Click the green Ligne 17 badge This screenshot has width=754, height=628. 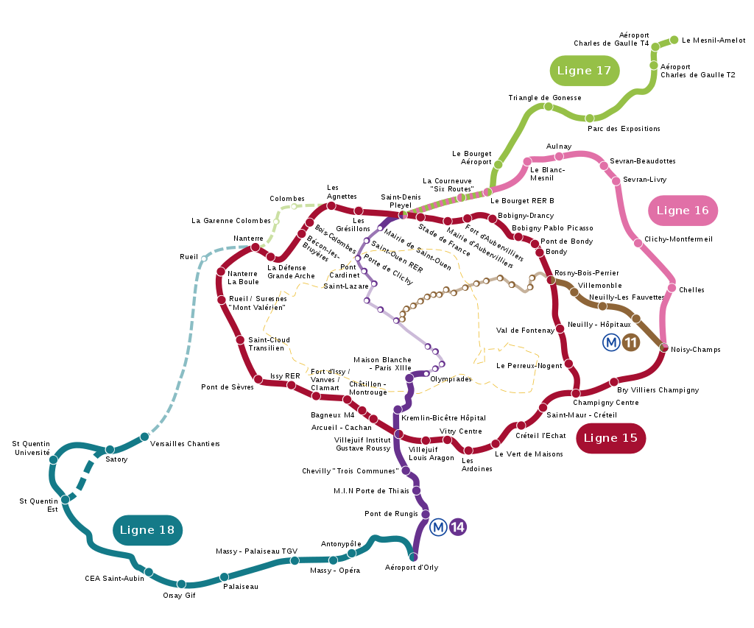(x=584, y=71)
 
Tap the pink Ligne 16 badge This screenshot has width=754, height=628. (x=683, y=211)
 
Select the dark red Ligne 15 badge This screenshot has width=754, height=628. (x=610, y=438)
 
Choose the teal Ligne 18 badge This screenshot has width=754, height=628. (x=147, y=530)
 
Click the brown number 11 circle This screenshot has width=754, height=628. (x=630, y=342)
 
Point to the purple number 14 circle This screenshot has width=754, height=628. (x=458, y=527)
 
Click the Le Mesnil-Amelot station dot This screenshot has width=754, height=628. (x=674, y=40)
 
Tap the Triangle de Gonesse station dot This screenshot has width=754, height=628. (x=548, y=106)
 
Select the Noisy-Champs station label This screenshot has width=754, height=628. (x=696, y=350)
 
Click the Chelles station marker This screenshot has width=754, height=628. (x=672, y=288)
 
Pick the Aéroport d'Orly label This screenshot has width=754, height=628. (x=412, y=568)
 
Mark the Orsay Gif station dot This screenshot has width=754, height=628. (x=181, y=585)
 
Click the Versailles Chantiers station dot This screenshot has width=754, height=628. (x=144, y=437)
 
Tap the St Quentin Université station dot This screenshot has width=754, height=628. (x=53, y=459)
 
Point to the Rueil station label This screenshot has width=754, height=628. (x=189, y=257)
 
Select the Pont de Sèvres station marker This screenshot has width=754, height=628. (x=258, y=380)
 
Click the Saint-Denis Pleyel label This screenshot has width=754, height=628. (x=401, y=201)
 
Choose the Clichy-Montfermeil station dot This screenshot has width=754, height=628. (x=638, y=243)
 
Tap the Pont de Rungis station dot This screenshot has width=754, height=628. (x=426, y=514)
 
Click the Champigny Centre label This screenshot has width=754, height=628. (x=606, y=403)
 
